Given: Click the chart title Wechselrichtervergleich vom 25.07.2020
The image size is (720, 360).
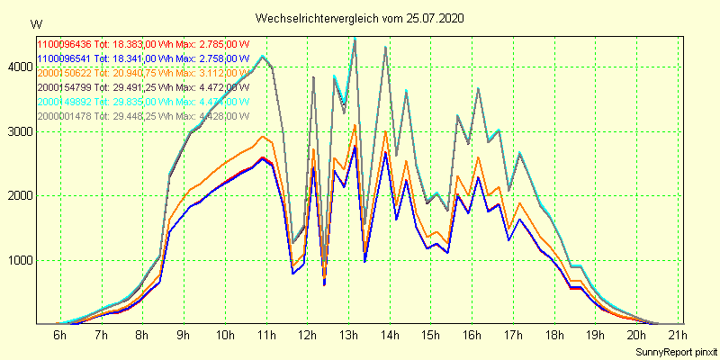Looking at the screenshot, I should pos(360,18).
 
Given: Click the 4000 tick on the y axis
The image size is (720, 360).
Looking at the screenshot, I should pos(17,67).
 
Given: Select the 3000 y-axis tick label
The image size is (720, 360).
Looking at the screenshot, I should pos(17,131).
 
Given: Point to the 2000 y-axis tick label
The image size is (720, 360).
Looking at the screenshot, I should pos(17,195).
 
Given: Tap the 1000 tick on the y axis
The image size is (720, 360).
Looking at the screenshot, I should pos(17,260).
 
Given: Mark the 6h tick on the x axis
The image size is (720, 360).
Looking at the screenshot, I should pos(60,336).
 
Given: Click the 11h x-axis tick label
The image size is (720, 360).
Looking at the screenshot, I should pos(266,336).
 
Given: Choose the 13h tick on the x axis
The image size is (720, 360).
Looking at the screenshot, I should pos(349,336).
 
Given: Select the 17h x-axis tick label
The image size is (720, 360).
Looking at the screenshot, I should pos(514,336).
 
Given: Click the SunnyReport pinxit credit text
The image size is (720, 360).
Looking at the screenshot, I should pos(676,350).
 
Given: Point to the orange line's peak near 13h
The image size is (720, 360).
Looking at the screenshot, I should pos(355,124).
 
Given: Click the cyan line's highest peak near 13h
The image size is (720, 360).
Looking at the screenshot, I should pos(355,39).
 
